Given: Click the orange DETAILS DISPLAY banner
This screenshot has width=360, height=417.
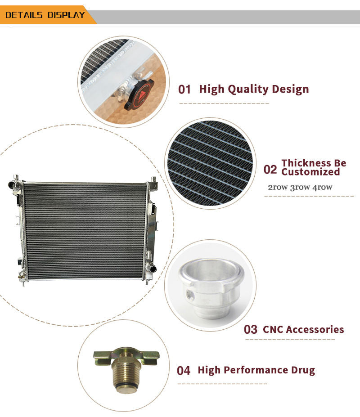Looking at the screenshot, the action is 46,15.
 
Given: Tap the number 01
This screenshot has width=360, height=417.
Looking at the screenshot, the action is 184,90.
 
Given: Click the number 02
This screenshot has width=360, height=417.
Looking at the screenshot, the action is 270,170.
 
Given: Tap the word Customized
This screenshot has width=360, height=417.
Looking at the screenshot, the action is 310,172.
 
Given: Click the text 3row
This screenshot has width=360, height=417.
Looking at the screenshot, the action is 300,187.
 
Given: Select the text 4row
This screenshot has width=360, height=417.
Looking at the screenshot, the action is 322,187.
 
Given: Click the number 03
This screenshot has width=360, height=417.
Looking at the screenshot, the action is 251,329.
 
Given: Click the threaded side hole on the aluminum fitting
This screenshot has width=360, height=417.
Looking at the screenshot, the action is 190,294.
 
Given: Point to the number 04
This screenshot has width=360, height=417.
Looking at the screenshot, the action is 184,371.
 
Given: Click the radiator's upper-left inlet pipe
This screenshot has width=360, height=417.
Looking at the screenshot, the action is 13,184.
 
